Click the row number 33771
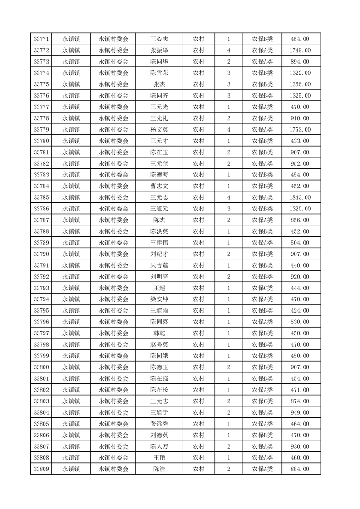(x=41, y=39)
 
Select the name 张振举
(x=159, y=50)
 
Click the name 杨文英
(x=159, y=130)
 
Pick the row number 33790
(x=41, y=254)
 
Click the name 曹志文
(x=159, y=186)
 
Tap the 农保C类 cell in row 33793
(x=262, y=288)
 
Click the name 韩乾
(x=159, y=333)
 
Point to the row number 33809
(x=41, y=469)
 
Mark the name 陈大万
(x=159, y=446)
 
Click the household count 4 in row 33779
(x=228, y=130)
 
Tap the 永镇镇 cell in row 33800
(x=71, y=367)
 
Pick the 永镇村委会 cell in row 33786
(x=113, y=209)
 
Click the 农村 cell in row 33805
(x=198, y=424)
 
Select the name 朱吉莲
(x=159, y=265)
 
